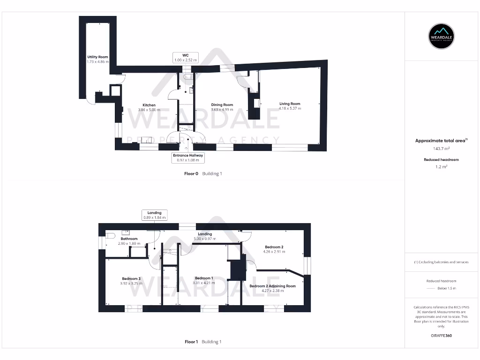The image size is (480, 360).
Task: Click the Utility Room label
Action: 97,57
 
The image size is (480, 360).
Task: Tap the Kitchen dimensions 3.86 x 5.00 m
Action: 149,110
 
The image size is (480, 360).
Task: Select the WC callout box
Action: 186,58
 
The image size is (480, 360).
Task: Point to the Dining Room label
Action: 222,105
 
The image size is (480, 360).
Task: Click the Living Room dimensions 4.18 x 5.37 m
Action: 290,109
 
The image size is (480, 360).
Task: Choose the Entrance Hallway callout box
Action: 187,157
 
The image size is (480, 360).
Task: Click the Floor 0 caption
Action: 191,173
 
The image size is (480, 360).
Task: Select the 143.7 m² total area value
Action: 441,149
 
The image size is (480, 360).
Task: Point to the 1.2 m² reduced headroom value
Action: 441,166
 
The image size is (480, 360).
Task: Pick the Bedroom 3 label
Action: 131,279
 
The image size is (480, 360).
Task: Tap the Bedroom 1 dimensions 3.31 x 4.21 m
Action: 205,283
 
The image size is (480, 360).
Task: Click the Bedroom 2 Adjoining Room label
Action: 272,286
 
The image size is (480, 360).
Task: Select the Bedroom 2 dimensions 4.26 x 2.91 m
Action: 274,252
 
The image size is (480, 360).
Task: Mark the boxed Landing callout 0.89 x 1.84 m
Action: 154,215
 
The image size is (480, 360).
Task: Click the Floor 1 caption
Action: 191,342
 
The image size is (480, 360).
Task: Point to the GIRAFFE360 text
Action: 441,336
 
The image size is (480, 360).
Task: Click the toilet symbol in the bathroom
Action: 111,235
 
